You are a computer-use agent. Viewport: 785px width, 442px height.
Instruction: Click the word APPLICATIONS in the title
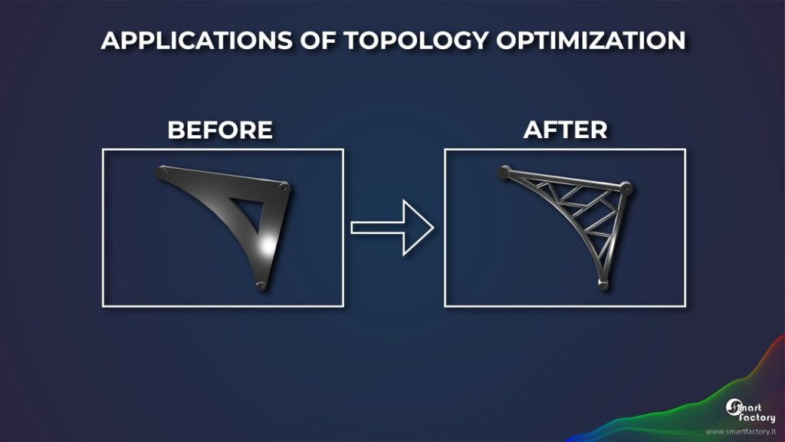(196, 41)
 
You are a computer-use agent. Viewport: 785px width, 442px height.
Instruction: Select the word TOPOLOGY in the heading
(415, 41)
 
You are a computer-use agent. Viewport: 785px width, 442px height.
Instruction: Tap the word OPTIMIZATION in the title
(591, 41)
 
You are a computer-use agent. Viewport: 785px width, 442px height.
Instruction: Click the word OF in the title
(317, 41)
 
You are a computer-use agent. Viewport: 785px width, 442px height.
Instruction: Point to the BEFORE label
(220, 130)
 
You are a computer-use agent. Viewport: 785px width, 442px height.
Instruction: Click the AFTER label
(565, 130)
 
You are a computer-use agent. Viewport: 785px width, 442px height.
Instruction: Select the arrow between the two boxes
(392, 228)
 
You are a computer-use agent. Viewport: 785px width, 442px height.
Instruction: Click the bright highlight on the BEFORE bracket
(268, 246)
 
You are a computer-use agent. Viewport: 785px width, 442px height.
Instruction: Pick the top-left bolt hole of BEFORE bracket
(162, 173)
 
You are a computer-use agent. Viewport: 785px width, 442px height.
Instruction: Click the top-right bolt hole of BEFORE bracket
(284, 188)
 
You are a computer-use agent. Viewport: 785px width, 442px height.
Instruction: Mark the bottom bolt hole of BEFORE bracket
(261, 285)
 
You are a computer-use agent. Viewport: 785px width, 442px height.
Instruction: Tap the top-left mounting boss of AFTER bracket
(504, 173)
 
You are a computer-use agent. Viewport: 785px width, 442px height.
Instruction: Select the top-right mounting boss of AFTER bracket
(626, 189)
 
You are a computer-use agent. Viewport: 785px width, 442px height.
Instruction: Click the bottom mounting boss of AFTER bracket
(603, 285)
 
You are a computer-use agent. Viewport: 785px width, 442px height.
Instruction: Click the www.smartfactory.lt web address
(741, 431)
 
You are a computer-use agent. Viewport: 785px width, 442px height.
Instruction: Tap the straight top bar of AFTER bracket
(565, 180)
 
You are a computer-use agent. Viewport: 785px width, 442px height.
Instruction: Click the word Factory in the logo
(757, 417)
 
